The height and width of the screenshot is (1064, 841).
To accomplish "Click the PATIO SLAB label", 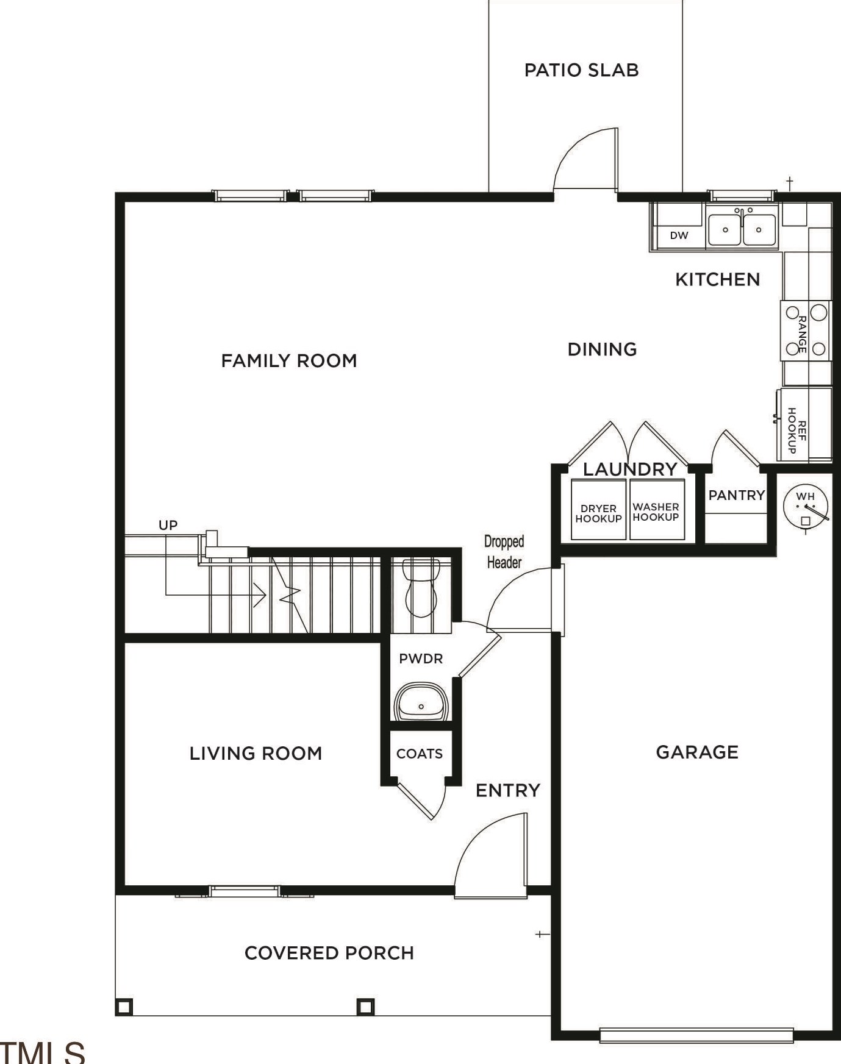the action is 581,70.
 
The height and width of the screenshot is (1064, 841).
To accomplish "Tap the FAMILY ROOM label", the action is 289,361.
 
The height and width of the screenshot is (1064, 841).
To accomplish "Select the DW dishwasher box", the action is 679,235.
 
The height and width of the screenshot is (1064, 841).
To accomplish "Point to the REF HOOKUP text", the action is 797,430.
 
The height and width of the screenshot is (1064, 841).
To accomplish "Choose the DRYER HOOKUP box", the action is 598,510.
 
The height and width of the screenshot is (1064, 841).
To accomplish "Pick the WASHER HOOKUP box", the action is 656,510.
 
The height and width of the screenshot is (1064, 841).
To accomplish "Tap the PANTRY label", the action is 736,495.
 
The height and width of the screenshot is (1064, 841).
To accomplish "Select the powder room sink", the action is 421,702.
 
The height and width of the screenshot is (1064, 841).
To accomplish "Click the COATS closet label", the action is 420,754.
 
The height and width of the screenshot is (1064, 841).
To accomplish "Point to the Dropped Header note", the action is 504,552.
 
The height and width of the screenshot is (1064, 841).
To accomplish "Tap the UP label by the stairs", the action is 168,525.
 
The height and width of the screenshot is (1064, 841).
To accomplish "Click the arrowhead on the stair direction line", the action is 260,595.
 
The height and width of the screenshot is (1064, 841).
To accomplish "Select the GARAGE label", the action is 697,752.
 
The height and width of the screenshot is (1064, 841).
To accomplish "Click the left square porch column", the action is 124,1007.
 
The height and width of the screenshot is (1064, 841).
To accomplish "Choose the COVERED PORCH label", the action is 329,953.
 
